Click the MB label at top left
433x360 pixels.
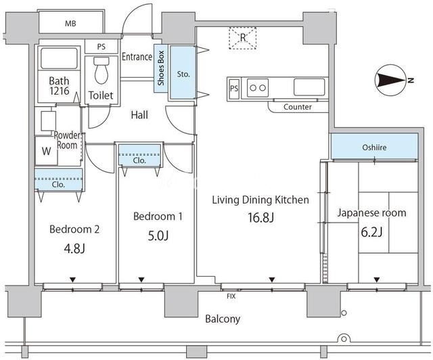click(x=70, y=24)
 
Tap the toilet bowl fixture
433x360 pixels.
click(x=101, y=70)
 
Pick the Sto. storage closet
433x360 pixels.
click(x=182, y=73)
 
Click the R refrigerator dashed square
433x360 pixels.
click(x=242, y=37)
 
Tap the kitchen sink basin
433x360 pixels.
click(x=311, y=87)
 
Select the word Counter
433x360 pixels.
click(x=298, y=107)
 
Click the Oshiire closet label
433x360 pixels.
click(x=374, y=146)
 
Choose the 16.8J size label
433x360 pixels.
click(x=260, y=218)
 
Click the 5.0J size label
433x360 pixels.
click(x=157, y=237)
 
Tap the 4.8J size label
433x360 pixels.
click(x=74, y=248)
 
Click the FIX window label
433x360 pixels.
click(x=231, y=296)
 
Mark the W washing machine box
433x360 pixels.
click(x=46, y=152)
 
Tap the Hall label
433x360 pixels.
click(x=139, y=115)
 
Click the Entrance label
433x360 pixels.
click(x=137, y=57)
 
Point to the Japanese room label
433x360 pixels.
click(x=371, y=212)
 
